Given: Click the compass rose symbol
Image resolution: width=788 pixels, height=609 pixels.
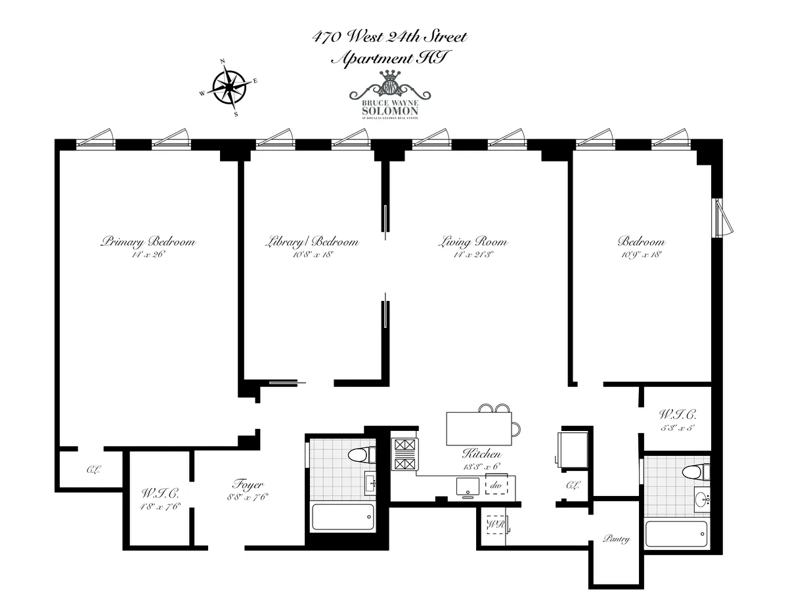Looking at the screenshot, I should click(229, 87).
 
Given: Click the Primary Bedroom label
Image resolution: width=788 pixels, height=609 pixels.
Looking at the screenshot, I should click(148, 241).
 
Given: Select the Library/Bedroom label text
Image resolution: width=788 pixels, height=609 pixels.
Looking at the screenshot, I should click(313, 241).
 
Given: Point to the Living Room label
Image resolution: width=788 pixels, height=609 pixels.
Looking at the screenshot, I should click(472, 241).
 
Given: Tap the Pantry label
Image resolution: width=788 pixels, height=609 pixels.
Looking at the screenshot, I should click(615, 539).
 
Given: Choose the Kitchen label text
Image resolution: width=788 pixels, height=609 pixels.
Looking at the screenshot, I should click(481, 453).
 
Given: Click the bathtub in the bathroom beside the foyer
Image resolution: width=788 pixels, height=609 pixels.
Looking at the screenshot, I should click(342, 517).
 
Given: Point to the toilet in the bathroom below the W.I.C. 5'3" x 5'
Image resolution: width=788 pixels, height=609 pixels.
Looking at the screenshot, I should click(695, 471).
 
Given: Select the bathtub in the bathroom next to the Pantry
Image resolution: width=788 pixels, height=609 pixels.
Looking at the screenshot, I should click(676, 533).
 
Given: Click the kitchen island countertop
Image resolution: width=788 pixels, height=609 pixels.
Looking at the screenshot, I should click(479, 428).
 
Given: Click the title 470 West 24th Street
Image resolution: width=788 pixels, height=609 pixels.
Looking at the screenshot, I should click(389, 37).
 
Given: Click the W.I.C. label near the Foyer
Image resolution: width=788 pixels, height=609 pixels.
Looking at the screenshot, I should click(160, 493).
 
